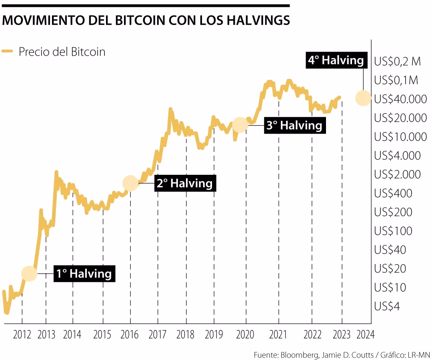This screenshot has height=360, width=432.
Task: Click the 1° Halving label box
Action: point(84,274)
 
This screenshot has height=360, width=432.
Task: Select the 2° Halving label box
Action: point(184,183)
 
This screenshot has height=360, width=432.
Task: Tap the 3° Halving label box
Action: point(294,125)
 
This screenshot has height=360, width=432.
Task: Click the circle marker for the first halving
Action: point(29,274)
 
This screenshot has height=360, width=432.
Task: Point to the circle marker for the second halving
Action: point(130,183)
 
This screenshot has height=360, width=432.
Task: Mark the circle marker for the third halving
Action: point(240,125)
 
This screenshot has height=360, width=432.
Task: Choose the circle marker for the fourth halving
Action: point(363,98)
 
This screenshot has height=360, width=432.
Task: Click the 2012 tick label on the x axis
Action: point(22,334)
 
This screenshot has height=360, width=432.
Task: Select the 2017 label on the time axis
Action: point(158,334)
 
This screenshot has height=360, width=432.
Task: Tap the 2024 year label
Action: point(365,334)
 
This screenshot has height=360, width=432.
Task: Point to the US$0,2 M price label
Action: point(398,62)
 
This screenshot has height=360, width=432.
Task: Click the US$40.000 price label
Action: point(400,99)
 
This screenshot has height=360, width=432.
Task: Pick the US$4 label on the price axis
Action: point(387,306)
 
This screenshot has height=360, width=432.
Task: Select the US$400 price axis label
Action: point(393,194)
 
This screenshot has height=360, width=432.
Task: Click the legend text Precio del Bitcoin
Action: point(62,52)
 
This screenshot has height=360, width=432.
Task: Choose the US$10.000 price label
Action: point(400,137)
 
